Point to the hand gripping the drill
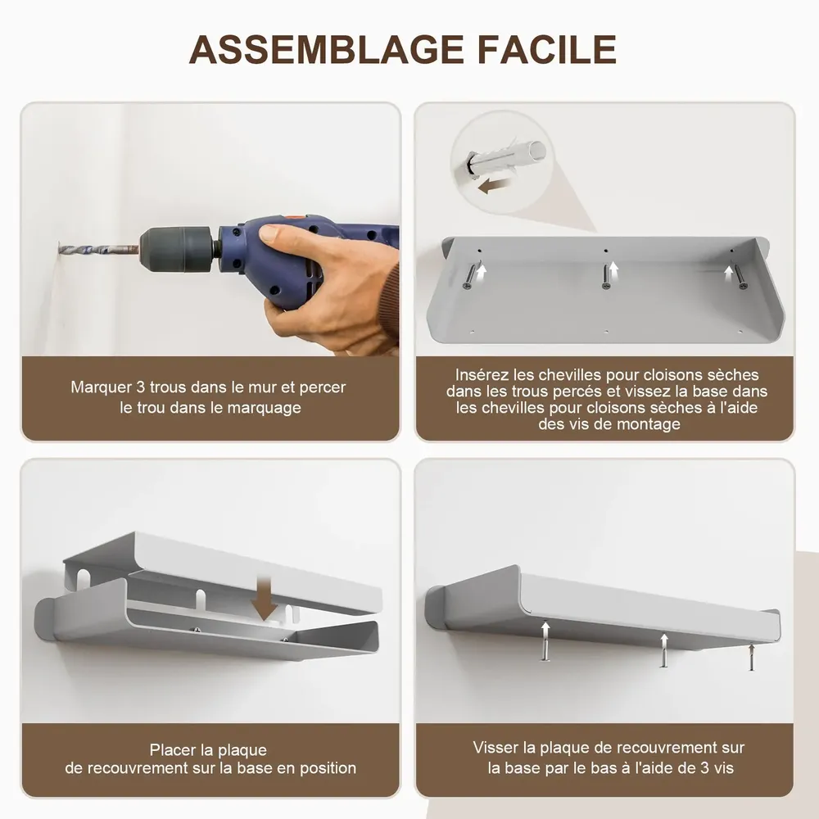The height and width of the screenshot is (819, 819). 328,283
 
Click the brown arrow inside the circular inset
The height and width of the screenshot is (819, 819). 493,187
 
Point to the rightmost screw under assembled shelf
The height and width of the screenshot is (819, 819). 750,658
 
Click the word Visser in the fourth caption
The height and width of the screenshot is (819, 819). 493,747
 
